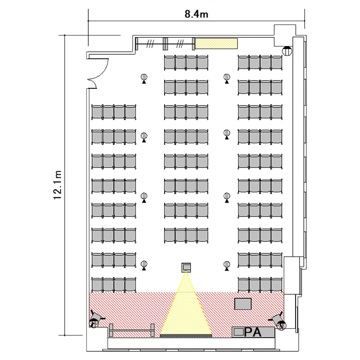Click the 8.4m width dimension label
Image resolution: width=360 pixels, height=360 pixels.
[196, 14]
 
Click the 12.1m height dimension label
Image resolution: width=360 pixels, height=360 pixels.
[58, 185]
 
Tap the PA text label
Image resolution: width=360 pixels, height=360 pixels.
[253, 332]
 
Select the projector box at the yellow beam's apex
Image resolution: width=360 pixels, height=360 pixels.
[186, 267]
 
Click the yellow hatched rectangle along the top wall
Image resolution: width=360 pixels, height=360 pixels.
[216, 43]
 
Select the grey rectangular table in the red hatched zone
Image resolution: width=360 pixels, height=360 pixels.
[243, 304]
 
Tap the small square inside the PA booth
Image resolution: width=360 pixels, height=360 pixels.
[239, 332]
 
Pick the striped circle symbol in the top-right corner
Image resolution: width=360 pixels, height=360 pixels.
[287, 50]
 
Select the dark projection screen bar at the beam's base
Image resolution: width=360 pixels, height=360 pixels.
[186, 336]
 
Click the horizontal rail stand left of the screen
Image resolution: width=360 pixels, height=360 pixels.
[132, 330]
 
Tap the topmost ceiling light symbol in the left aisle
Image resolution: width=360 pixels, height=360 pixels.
[144, 79]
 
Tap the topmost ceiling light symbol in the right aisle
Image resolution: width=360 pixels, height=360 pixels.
[227, 79]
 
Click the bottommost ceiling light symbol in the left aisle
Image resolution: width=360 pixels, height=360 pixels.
[144, 265]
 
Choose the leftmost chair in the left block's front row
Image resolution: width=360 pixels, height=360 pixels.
[97, 285]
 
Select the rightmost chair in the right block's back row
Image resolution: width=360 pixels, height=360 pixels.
[277, 62]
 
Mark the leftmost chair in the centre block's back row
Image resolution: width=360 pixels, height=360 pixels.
[169, 62]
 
